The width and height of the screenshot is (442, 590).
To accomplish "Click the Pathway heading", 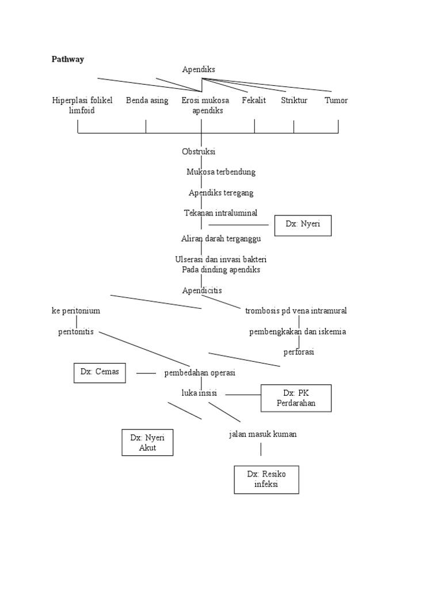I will tap(68, 59).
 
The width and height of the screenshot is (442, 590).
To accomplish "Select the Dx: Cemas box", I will tap(100, 372).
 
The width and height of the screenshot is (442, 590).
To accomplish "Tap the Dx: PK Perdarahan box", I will tap(296, 398).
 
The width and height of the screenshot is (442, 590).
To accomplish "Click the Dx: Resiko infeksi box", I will tap(266, 479).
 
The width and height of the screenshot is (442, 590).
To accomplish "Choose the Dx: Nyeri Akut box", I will tap(147, 442).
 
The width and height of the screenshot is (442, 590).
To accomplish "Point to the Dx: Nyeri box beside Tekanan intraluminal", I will tap(301, 225).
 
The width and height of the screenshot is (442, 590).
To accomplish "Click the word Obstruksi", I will tap(199, 152).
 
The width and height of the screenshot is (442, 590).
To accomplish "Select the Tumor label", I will tap(336, 100).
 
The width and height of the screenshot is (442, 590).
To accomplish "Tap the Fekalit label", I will tap(254, 100).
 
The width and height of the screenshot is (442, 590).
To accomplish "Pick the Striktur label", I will tap(294, 100).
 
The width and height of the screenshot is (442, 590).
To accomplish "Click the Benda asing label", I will tap(147, 100).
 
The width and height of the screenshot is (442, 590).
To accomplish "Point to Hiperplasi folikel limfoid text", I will tap(82, 105).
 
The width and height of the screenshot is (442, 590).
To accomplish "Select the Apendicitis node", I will tap(201, 290).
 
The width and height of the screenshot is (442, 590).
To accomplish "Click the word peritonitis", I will tap(76, 332).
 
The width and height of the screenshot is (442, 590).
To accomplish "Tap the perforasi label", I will tap(299, 351).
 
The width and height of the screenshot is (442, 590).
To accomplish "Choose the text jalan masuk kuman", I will tap(262, 434).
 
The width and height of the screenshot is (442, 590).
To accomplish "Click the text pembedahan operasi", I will tap(199, 373).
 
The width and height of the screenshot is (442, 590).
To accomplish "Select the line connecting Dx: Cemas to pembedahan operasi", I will tap(146, 373).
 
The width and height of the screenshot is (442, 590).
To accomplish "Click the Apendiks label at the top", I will tap(199, 69).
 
